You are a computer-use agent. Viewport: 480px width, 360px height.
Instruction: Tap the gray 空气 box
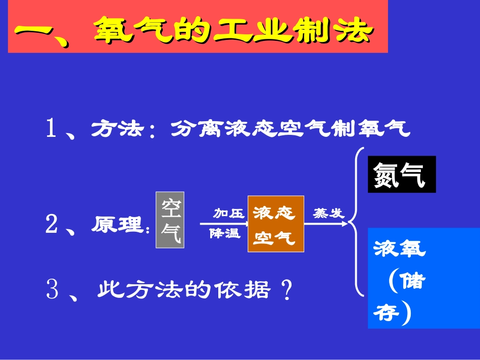point(170,220)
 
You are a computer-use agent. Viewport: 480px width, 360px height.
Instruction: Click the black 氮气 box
point(401,174)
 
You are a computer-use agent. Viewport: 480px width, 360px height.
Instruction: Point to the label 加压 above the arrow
point(227,214)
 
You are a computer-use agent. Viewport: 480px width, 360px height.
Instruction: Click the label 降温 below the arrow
point(225,234)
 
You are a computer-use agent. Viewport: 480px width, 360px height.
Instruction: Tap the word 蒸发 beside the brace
point(328,213)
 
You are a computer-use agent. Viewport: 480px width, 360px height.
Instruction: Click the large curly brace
point(357,222)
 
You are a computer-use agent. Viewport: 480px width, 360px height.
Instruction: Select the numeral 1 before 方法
point(52,129)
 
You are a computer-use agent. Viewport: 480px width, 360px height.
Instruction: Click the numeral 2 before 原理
point(52,225)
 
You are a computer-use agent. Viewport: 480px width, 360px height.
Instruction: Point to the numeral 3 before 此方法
point(52,290)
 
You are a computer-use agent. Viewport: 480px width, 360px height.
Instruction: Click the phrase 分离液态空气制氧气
point(290,129)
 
